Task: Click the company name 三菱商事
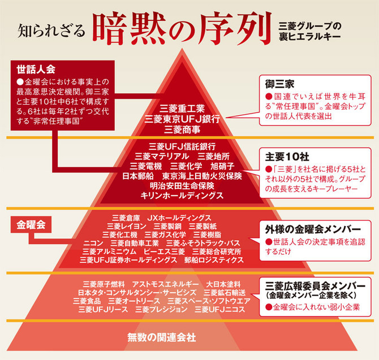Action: pyautogui.click(x=182, y=129)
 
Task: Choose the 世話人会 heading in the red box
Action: pyautogui.click(x=35, y=70)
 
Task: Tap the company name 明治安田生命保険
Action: pyautogui.click(x=182, y=185)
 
